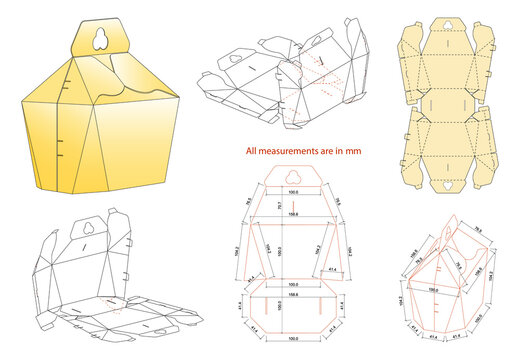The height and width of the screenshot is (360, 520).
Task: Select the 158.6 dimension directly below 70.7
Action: pyautogui.click(x=293, y=212)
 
